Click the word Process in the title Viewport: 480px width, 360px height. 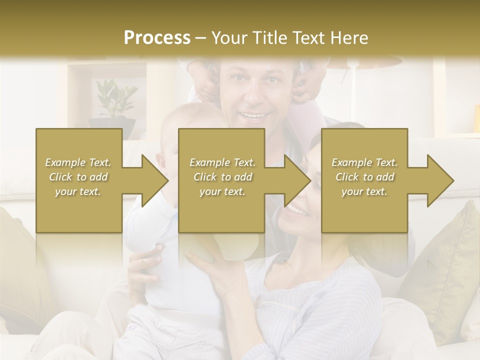[x=157, y=38]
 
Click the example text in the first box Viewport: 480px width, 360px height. [x=78, y=177]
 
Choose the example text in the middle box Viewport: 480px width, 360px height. [x=222, y=177]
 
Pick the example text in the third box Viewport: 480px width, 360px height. [x=364, y=177]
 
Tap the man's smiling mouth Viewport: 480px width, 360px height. [x=253, y=116]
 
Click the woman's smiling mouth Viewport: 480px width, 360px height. [x=296, y=210]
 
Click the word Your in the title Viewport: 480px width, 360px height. [x=228, y=38]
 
